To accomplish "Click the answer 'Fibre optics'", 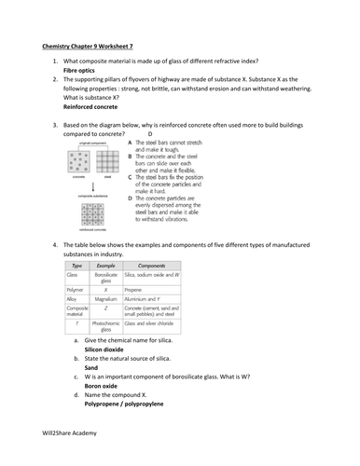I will coord(80,70).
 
